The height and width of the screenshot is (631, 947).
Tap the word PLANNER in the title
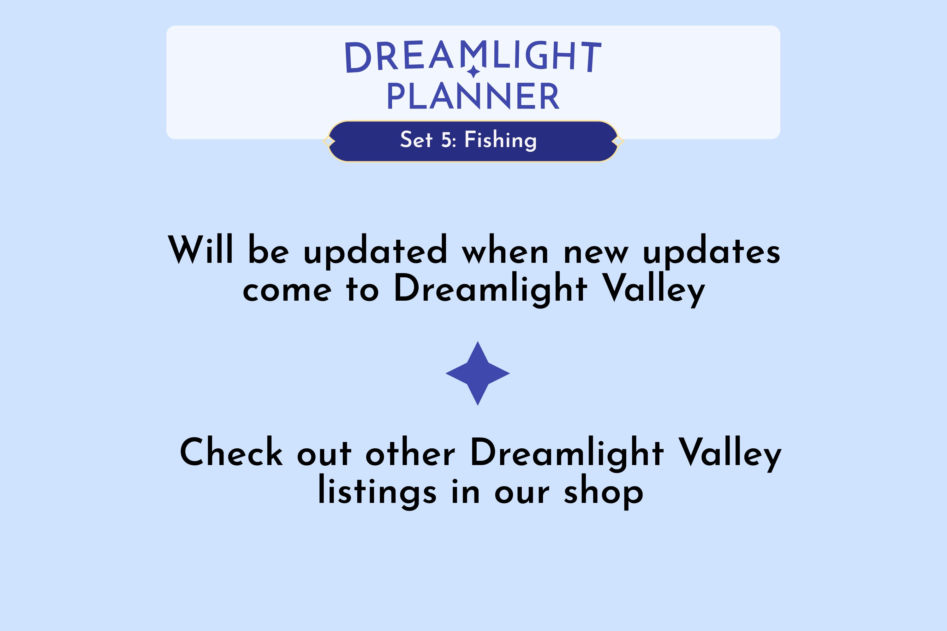(473, 96)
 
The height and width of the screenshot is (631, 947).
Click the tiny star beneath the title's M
(473, 72)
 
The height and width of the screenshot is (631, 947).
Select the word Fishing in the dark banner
(500, 140)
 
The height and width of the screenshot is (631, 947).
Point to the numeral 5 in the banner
(446, 140)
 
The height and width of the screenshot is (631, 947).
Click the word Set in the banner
(416, 140)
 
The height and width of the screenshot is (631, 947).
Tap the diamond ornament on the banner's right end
(618, 141)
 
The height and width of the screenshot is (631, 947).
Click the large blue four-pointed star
(478, 374)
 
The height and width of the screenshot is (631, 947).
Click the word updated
(375, 251)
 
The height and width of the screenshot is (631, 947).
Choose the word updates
(712, 251)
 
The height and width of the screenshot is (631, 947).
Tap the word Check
(231, 452)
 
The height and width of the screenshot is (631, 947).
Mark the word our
(522, 494)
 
